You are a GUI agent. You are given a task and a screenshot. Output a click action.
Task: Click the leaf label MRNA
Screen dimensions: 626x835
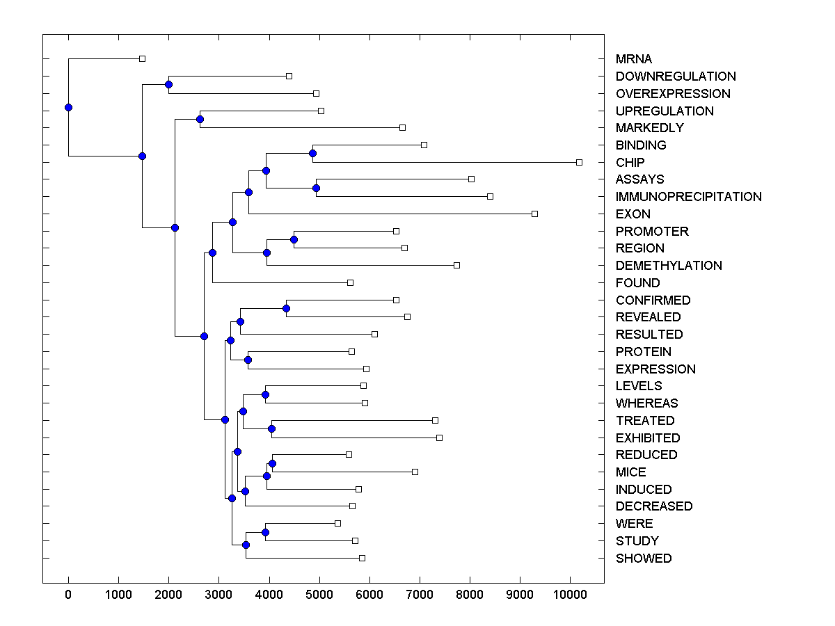(x=633, y=59)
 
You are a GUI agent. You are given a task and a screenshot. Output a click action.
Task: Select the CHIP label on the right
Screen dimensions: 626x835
(x=630, y=162)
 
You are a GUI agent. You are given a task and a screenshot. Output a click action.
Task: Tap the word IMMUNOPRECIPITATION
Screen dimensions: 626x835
(x=688, y=197)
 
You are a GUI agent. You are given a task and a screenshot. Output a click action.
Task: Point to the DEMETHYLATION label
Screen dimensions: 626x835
(x=669, y=266)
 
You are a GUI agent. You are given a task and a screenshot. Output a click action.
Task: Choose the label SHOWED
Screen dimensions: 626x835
(x=644, y=559)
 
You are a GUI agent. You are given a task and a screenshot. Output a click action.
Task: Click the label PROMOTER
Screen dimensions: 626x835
(x=652, y=231)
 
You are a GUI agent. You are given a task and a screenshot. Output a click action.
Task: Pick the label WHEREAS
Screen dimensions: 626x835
(x=646, y=403)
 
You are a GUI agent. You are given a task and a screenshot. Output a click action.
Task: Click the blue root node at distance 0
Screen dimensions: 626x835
(x=68, y=107)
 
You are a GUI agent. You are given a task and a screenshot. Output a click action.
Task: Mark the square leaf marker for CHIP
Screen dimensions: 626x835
(x=579, y=162)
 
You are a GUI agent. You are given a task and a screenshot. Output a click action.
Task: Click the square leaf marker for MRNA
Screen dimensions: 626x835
(x=142, y=58)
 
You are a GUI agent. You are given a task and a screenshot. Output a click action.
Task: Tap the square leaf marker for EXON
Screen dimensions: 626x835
(x=534, y=214)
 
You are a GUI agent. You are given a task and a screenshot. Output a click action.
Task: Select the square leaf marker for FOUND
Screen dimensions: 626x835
(x=350, y=282)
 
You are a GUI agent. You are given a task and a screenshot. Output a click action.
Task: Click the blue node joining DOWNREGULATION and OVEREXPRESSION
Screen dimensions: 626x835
(x=168, y=84)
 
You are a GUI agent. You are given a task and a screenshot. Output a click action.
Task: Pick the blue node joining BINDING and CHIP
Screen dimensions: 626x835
(x=313, y=153)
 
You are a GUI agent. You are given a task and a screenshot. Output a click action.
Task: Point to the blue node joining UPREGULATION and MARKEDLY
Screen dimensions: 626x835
(x=200, y=119)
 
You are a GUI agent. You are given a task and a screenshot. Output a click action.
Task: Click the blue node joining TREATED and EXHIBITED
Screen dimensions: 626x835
(x=271, y=428)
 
